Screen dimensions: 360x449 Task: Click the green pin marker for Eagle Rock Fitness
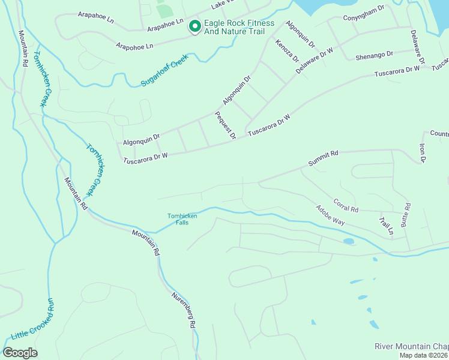[194, 27]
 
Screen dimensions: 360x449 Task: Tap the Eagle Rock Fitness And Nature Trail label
[238, 28]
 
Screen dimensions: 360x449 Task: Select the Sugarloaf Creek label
[164, 70]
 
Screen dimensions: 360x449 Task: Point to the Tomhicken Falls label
[182, 220]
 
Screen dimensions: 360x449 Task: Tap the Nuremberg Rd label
[183, 310]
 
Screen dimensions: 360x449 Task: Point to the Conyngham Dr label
[363, 18]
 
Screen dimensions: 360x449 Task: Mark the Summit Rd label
[324, 158]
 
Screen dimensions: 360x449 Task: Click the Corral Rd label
[346, 206]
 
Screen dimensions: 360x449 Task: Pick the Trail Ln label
[387, 224]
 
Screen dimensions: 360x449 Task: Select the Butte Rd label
[408, 214]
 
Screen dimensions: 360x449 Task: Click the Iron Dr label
[422, 152]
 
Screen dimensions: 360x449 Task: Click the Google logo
[20, 353]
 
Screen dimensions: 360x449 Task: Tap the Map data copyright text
[424, 355]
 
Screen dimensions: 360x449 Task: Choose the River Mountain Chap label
[411, 346]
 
